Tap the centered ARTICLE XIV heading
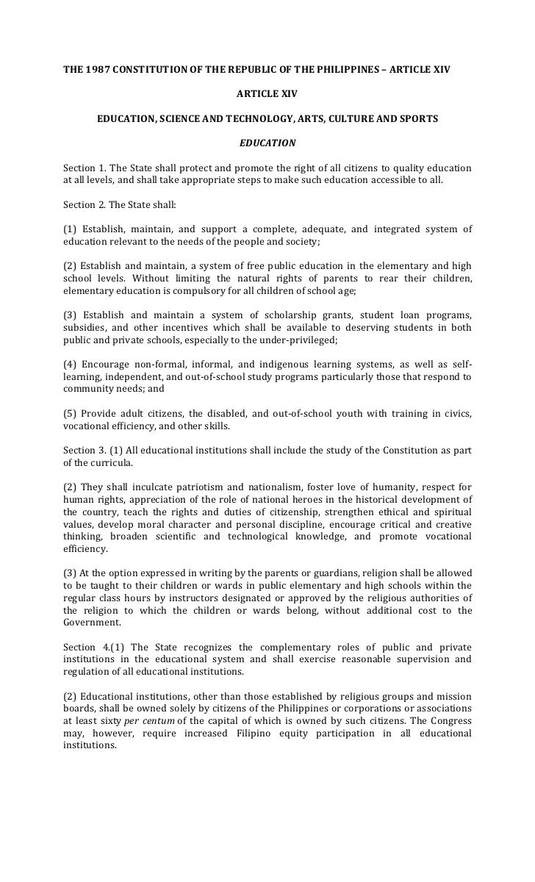267,95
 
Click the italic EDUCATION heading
267,142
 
